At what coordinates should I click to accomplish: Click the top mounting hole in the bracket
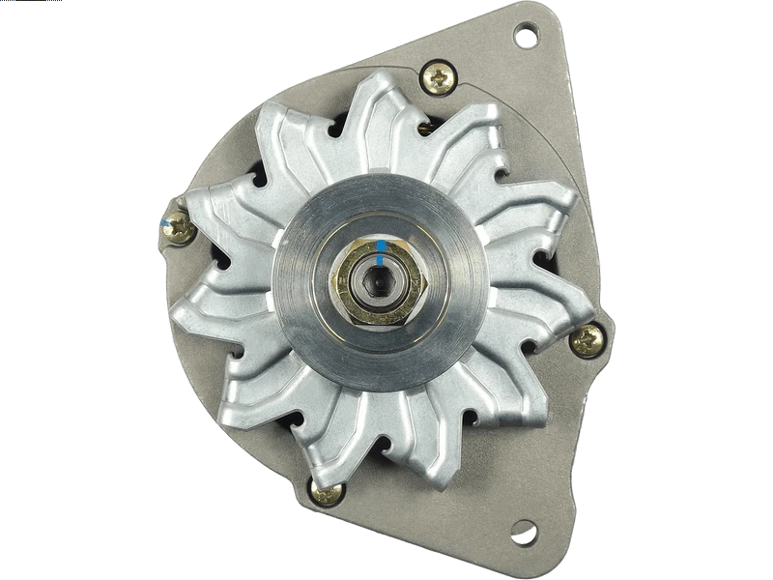526,38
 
